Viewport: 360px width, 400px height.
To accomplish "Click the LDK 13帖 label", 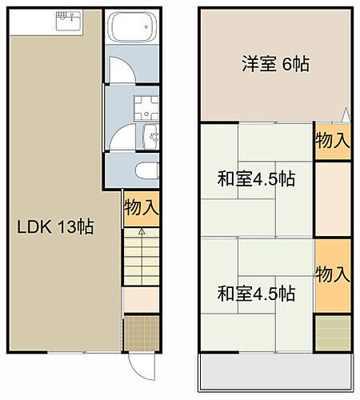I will coord(56,226).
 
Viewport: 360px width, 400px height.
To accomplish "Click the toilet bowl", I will coord(146,171).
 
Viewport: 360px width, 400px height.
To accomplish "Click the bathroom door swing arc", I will coord(120,68).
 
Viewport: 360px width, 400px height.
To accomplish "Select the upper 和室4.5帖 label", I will coord(256,178).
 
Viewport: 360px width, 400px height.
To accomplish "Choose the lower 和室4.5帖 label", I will coord(256,293).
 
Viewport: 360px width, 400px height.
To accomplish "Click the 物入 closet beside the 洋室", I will coord(332,142).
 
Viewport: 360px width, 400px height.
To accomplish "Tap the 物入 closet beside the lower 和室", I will coord(332,274).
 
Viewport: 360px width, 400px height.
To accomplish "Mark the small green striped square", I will coord(331,333).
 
